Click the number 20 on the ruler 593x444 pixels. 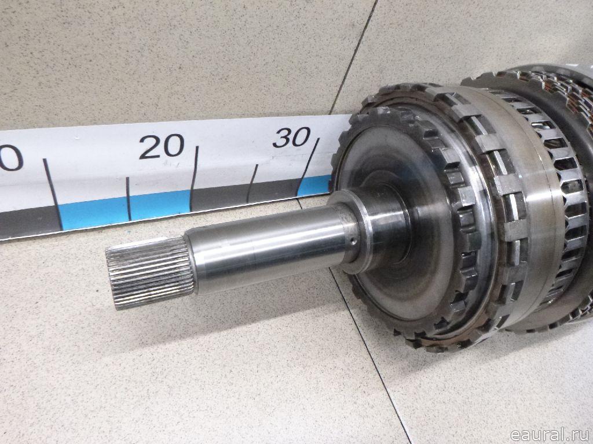click(162, 146)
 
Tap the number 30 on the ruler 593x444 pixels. click(292, 137)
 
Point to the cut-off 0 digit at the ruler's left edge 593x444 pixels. click(12, 157)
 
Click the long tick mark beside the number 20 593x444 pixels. click(194, 179)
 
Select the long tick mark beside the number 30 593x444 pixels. click(308, 166)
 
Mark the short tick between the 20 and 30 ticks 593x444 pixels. click(252, 183)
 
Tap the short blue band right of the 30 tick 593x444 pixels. click(314, 186)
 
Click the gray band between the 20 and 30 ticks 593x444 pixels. click(245, 195)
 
